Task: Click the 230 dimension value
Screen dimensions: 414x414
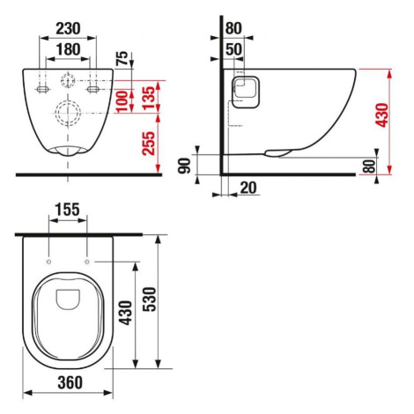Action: (68, 28)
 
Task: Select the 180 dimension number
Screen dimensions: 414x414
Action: (68, 49)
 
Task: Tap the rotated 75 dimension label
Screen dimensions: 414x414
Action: (122, 58)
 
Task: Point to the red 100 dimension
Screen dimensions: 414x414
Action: (122, 101)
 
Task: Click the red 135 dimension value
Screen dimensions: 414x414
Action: (148, 98)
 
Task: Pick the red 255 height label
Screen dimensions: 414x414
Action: (148, 143)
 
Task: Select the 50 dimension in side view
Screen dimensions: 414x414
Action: (233, 49)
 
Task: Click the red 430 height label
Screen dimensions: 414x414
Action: (383, 115)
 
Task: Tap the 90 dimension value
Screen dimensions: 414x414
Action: (185, 166)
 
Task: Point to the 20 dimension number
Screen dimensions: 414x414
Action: (248, 188)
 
